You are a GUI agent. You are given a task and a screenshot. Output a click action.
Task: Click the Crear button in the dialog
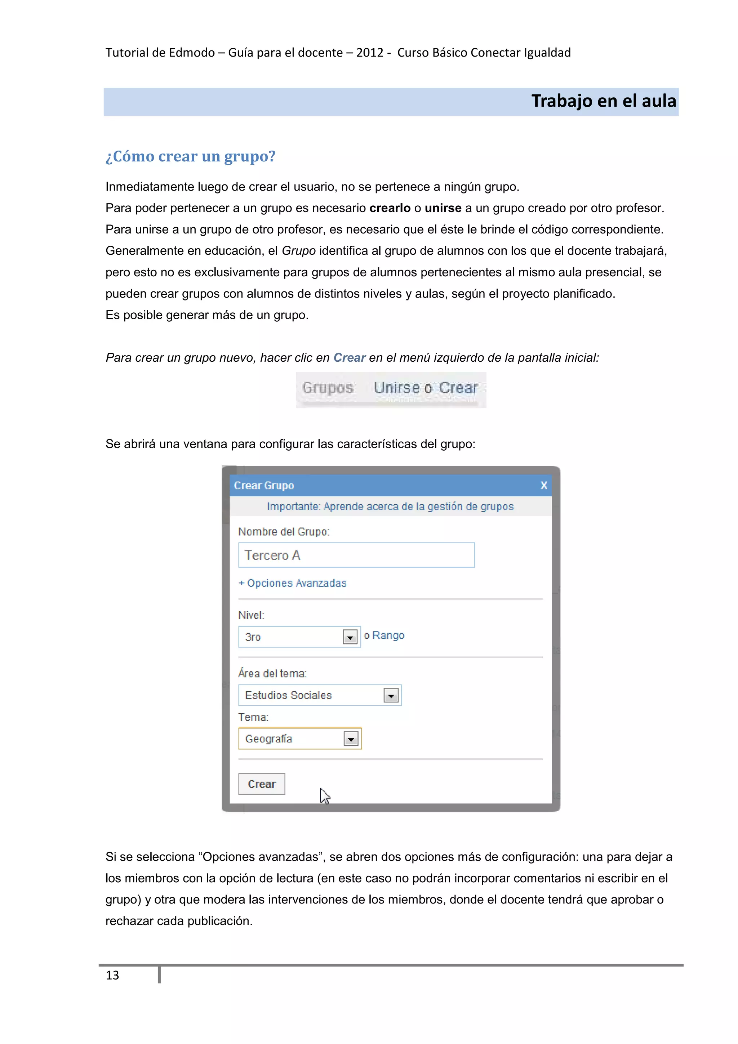[262, 784]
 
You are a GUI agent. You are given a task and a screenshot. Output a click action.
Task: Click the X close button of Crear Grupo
[543, 486]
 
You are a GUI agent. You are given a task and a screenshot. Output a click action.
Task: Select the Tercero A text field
[356, 555]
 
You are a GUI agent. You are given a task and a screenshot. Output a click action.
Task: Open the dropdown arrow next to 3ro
[350, 637]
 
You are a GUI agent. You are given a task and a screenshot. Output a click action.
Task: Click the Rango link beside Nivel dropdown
[388, 635]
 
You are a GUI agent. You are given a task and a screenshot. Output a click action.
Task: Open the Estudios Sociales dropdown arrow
[391, 695]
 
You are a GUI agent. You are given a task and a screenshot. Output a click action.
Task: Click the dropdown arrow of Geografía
[351, 739]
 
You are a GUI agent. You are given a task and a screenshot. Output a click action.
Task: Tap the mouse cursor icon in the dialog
[324, 796]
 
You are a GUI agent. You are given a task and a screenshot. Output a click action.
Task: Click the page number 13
[112, 975]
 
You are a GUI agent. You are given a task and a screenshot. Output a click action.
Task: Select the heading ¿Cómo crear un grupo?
[191, 156]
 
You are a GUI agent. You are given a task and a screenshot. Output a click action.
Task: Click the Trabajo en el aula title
[603, 101]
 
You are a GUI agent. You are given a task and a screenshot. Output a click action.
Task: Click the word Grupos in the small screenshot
[328, 388]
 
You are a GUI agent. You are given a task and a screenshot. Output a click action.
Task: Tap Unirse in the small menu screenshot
[396, 388]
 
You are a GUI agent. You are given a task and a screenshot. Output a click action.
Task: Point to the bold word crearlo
[390, 208]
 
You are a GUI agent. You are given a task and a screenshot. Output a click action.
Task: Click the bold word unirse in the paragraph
[443, 208]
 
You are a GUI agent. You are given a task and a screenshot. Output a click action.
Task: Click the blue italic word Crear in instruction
[349, 358]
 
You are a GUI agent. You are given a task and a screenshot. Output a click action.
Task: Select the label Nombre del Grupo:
[284, 532]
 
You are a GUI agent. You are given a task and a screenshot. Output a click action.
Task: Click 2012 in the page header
[370, 53]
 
